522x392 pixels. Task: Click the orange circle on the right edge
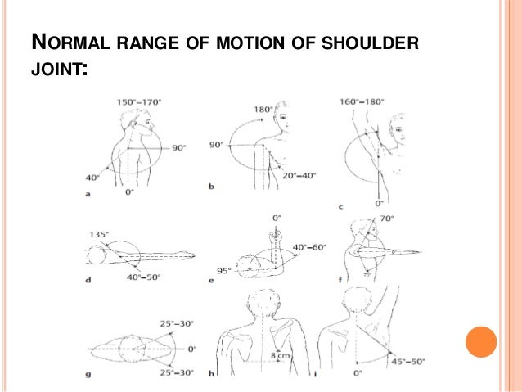[480, 341]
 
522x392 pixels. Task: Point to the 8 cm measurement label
[281, 354]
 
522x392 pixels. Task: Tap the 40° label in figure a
[91, 175]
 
